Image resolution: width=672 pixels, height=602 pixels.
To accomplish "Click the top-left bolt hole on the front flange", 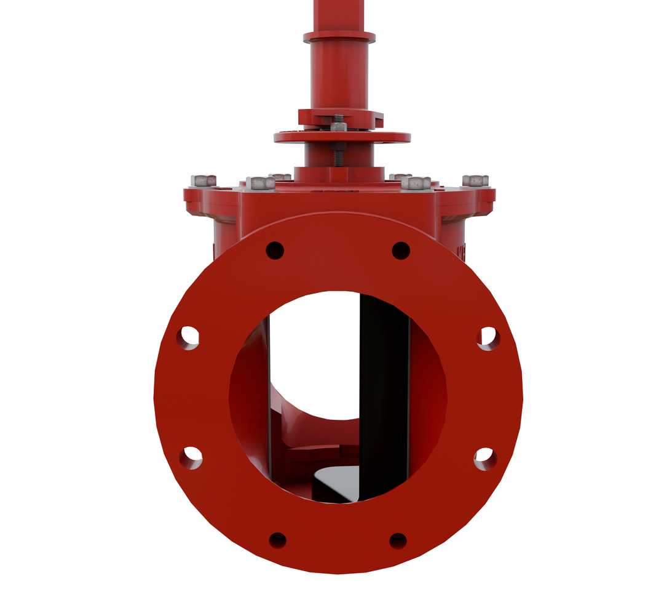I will click(275, 251).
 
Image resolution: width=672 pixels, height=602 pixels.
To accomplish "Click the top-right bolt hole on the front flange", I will click(401, 251).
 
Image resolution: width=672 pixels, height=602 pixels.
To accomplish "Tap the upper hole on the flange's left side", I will click(188, 338).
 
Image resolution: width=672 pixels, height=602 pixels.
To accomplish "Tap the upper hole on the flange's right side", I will click(488, 338).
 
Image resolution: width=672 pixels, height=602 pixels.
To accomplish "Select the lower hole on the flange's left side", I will click(191, 457).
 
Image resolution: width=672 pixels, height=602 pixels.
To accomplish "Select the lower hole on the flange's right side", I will click(485, 458).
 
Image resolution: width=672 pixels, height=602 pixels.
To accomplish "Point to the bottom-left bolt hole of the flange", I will click(278, 540).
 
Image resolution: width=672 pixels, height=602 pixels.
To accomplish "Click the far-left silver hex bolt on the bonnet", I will click(204, 180).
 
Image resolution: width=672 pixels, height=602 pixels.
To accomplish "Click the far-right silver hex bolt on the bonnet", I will click(475, 180).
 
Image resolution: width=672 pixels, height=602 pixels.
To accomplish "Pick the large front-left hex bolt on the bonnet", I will click(261, 183).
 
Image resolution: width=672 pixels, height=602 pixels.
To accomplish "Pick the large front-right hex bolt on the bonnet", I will click(416, 183).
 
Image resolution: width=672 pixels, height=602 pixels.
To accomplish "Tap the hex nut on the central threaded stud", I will click(338, 127).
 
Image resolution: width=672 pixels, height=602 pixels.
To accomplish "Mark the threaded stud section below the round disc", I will click(338, 154).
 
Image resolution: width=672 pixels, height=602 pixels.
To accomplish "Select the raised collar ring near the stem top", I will click(339, 37).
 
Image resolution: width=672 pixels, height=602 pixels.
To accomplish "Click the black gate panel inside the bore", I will click(384, 394).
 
